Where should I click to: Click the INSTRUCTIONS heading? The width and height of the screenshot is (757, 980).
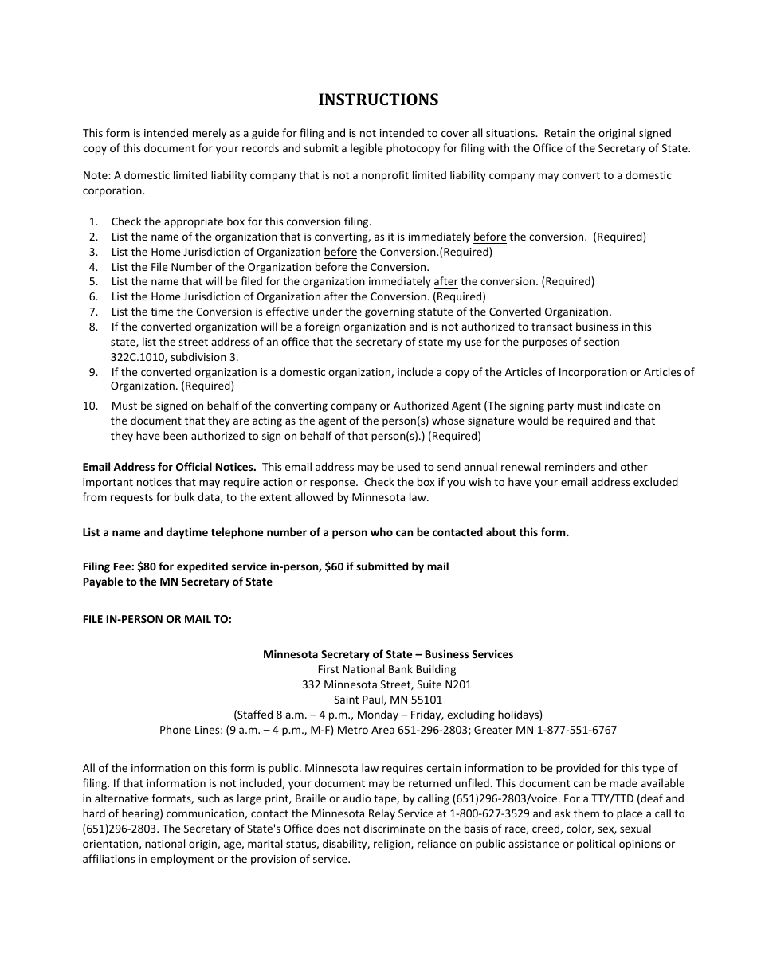(378, 100)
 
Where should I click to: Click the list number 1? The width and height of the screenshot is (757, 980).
(93, 222)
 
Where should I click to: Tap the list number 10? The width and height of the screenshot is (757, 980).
(90, 406)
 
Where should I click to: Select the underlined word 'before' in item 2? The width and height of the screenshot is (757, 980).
(489, 237)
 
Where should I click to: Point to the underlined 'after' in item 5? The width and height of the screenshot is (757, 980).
(445, 282)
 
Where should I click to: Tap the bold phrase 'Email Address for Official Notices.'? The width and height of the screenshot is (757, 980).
(169, 467)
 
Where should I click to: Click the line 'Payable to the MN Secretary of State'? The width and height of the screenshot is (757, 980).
(177, 582)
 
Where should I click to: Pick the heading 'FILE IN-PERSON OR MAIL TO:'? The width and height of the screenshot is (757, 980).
(157, 619)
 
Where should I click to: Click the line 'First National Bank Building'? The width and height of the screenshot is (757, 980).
(387, 669)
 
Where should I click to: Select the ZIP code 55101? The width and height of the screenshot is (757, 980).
(426, 700)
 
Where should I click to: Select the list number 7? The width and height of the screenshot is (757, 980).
(93, 312)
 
